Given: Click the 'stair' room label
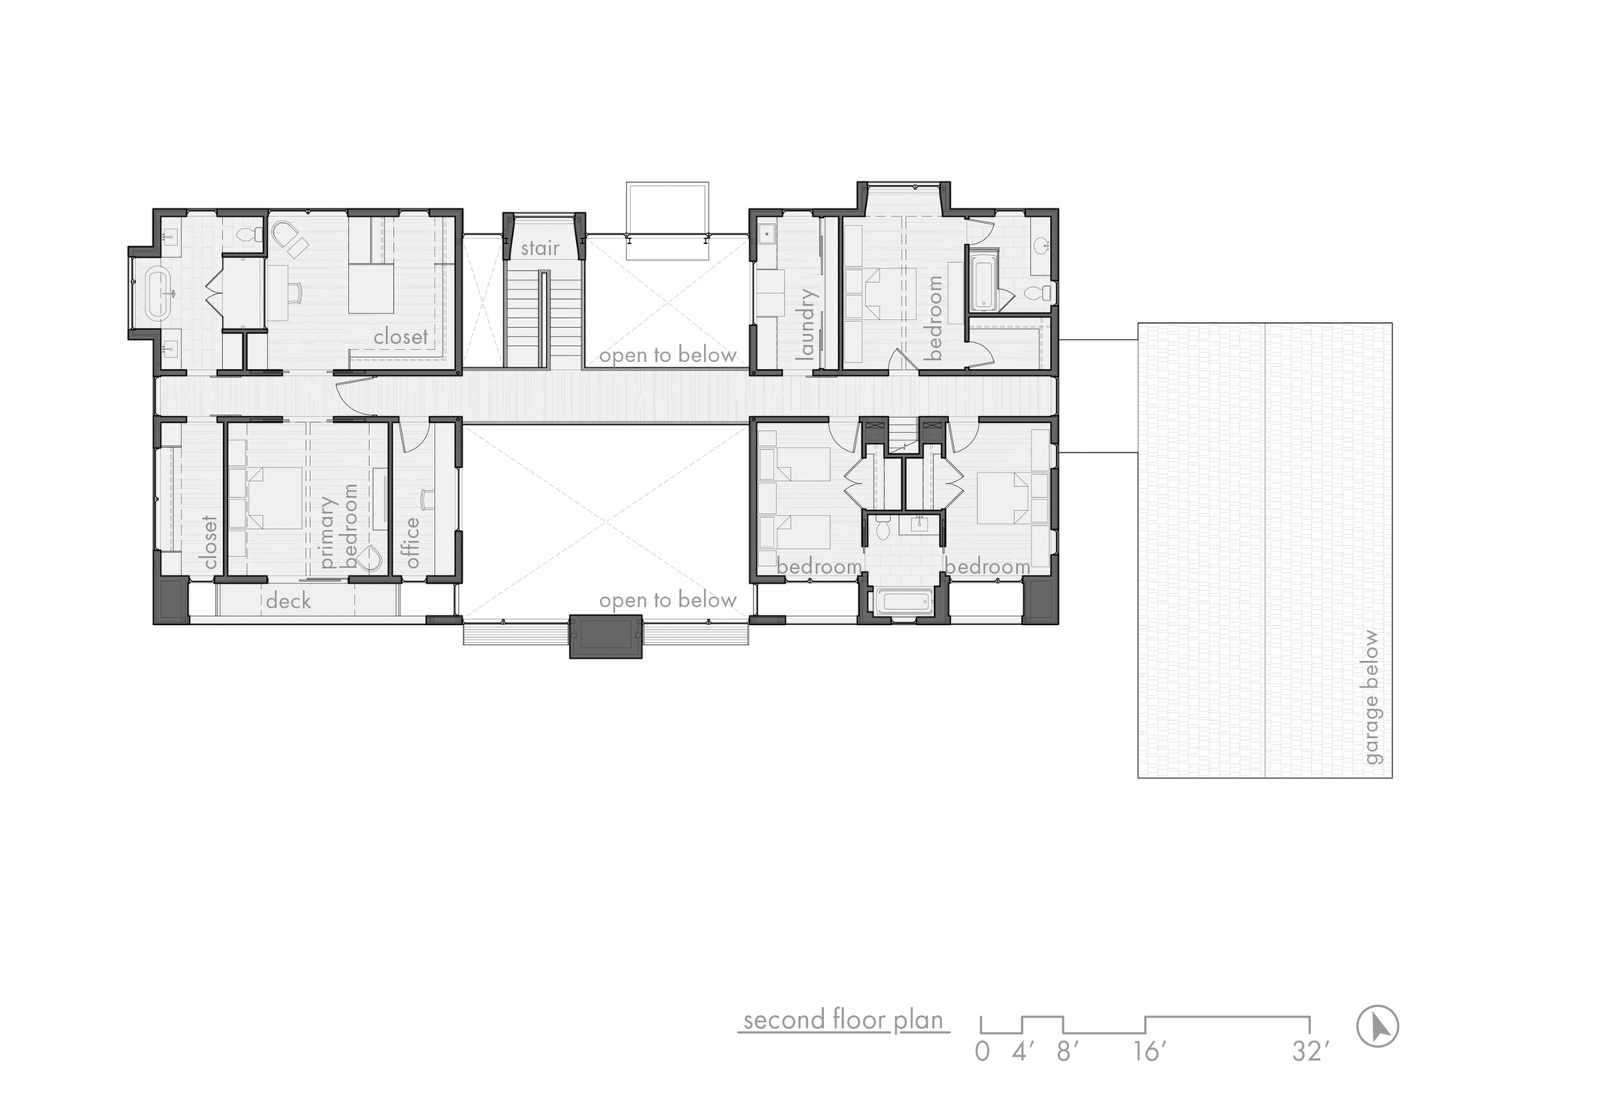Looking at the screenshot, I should [x=540, y=249].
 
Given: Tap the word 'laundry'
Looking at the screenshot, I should [x=806, y=323].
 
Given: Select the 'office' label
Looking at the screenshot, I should [x=412, y=543].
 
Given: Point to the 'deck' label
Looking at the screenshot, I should [x=288, y=601].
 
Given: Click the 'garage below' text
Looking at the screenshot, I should [x=1372, y=697].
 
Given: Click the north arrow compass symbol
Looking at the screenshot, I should [x=1378, y=1026].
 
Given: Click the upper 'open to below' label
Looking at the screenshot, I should [x=667, y=355].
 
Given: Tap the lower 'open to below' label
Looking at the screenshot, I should [x=667, y=600].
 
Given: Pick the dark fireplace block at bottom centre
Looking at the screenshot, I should [x=606, y=636].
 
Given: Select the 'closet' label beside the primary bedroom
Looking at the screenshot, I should [x=210, y=542].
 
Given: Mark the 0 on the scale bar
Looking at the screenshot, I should [x=982, y=1052].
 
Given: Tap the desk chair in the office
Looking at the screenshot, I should [x=426, y=499].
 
